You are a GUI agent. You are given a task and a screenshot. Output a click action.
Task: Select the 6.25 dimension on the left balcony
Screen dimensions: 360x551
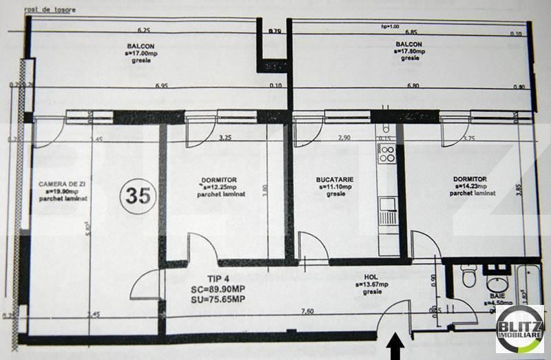pos(143,31)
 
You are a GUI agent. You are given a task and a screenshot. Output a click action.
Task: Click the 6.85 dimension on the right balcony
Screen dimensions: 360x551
pos(412,32)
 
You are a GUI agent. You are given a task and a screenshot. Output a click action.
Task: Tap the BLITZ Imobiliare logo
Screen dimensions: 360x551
pos(519,329)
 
